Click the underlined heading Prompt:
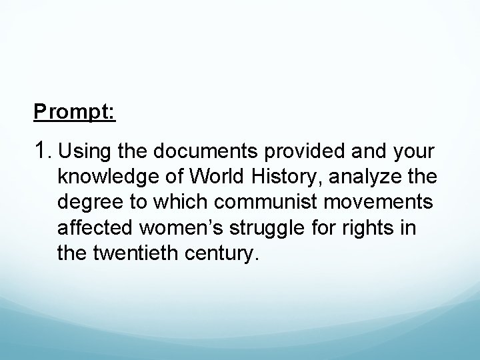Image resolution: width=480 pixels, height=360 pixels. click(75, 111)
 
